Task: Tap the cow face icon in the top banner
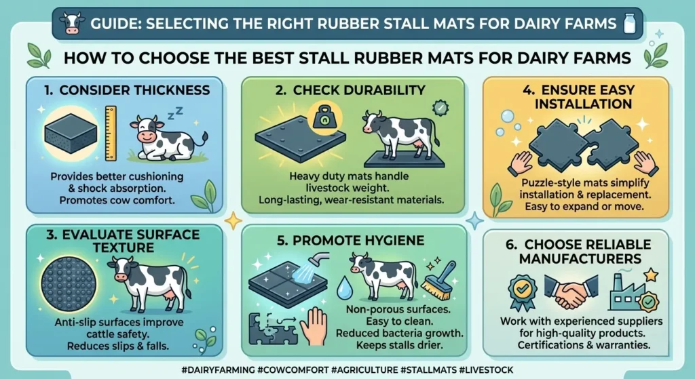(70, 23)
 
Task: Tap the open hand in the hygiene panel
(313, 323)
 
